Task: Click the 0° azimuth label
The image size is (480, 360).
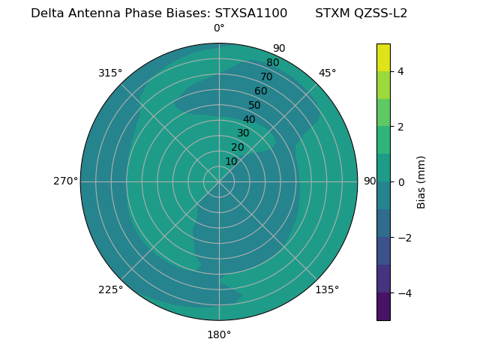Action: pyautogui.click(x=219, y=28)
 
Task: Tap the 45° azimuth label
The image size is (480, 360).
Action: pyautogui.click(x=327, y=73)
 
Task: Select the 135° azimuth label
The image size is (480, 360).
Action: pyautogui.click(x=327, y=289)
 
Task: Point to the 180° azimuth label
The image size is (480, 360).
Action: pyautogui.click(x=219, y=334)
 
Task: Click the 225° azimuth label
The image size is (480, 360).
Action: pyautogui.click(x=110, y=289)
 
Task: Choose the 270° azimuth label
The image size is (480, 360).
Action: pyautogui.click(x=65, y=181)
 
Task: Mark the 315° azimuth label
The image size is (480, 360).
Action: pyautogui.click(x=110, y=73)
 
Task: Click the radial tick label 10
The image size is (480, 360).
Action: pyautogui.click(x=231, y=161)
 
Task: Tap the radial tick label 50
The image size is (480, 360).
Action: pyautogui.click(x=255, y=106)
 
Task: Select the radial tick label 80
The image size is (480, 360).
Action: pyautogui.click(x=273, y=63)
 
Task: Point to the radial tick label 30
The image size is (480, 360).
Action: pyautogui.click(x=243, y=133)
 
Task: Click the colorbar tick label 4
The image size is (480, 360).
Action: pyautogui.click(x=400, y=71)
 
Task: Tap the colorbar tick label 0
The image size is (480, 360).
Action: pyautogui.click(x=400, y=182)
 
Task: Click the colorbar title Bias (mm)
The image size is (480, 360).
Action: pyautogui.click(x=421, y=182)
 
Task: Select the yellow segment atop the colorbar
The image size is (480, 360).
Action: pyautogui.click(x=383, y=58)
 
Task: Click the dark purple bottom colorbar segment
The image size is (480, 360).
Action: pyautogui.click(x=383, y=306)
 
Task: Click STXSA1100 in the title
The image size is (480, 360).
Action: pyautogui.click(x=250, y=13)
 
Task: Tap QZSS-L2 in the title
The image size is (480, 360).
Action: pyautogui.click(x=381, y=13)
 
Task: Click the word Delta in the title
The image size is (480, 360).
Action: pyautogui.click(x=47, y=13)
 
